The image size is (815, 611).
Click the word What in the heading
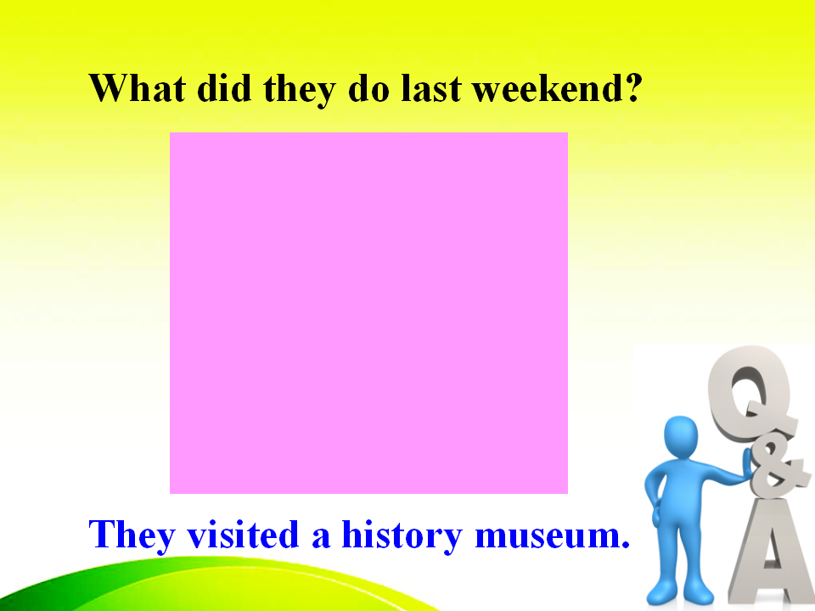[138, 87]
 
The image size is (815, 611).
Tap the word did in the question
[224, 87]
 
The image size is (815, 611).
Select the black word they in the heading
[300, 90]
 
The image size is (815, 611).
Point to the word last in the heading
[431, 87]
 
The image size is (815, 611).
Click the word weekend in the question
[547, 87]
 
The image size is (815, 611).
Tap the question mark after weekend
[633, 87]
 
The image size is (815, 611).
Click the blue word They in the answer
[132, 536]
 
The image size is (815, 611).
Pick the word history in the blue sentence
[402, 536]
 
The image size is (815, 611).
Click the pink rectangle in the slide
[368, 313]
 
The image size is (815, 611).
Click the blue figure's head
[681, 436]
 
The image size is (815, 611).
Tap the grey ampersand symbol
[776, 468]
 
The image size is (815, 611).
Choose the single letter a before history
[321, 538]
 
